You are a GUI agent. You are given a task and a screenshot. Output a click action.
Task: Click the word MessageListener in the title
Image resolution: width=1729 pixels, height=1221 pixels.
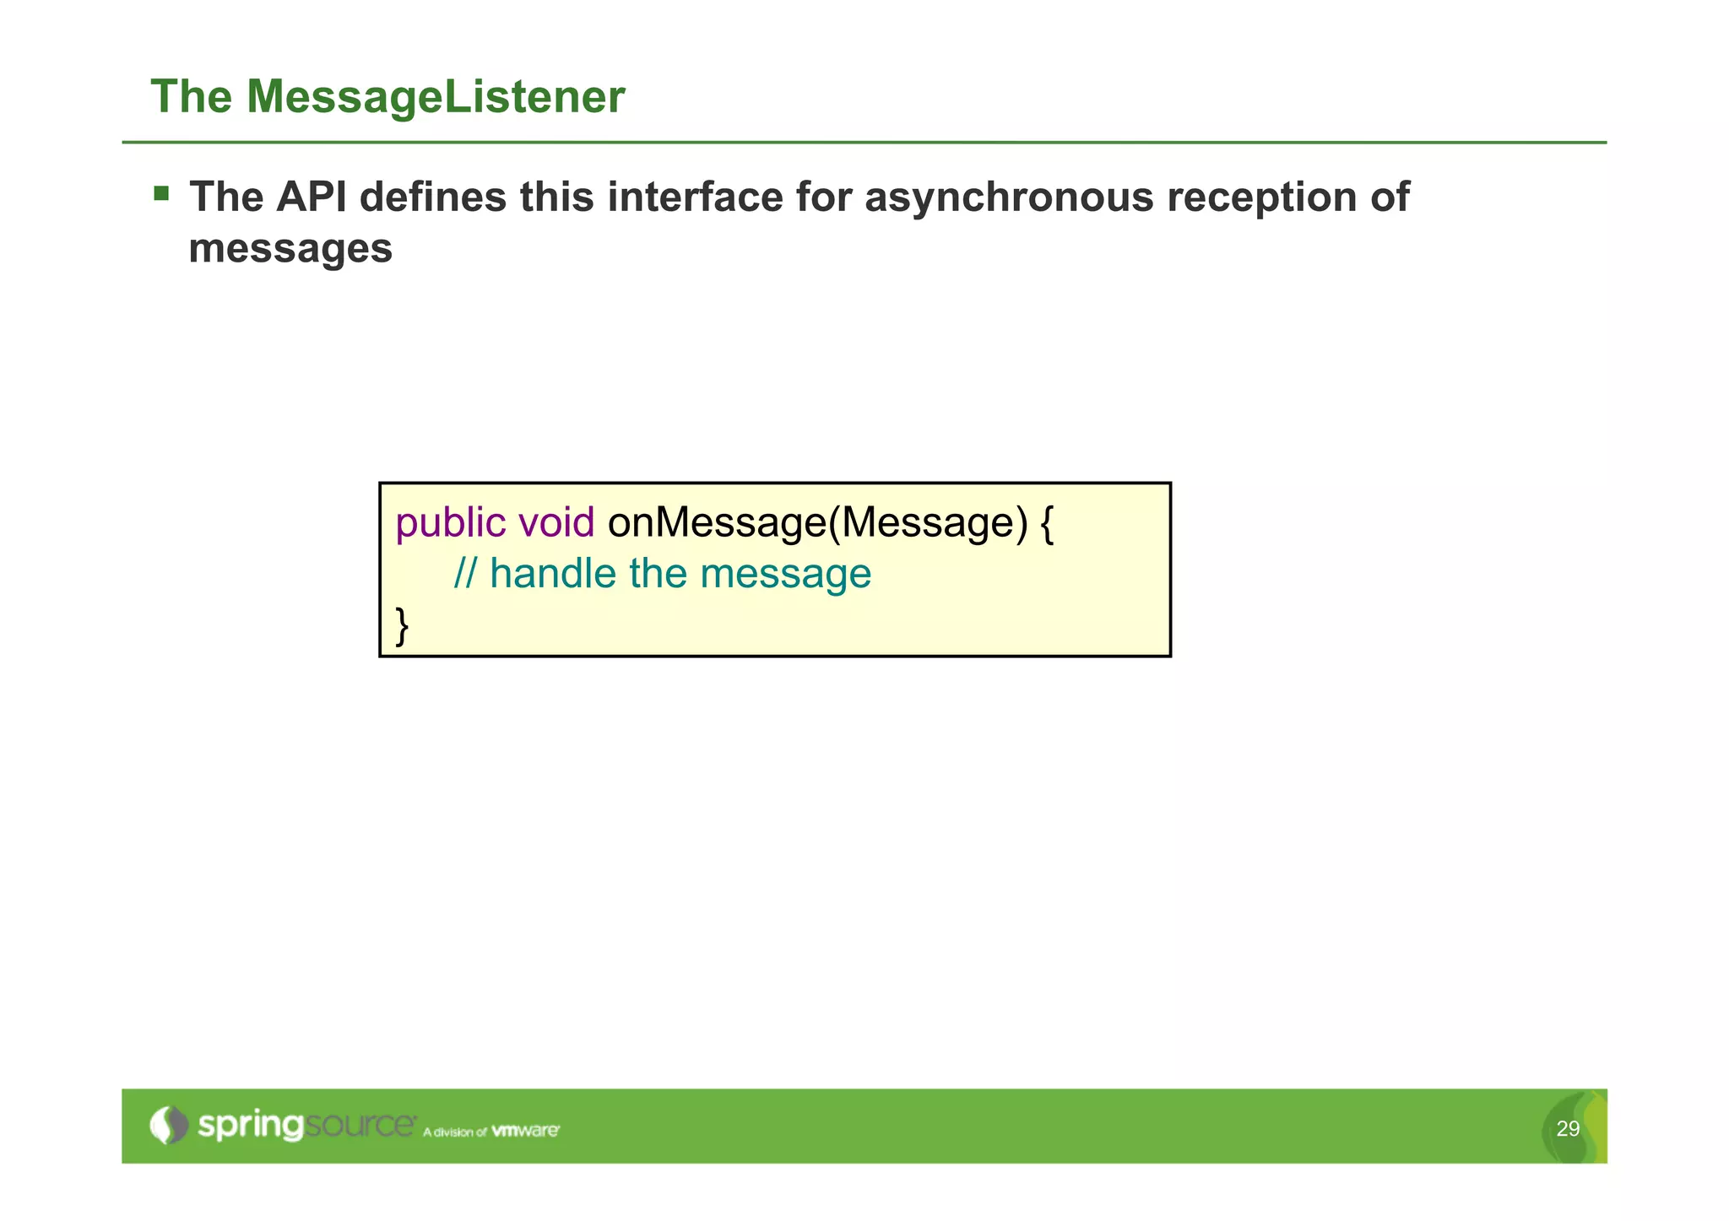coord(436,97)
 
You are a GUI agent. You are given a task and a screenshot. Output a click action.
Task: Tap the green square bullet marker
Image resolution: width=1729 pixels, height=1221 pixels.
coord(161,194)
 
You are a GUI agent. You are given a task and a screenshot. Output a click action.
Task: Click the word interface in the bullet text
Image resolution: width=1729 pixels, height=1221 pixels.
coord(694,197)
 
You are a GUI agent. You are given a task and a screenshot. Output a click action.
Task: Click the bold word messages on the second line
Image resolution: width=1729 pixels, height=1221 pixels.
coord(290,249)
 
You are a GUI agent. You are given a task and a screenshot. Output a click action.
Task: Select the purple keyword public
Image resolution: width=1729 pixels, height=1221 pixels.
coord(451,524)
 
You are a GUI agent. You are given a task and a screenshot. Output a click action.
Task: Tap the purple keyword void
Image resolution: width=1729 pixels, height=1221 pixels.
coord(556,522)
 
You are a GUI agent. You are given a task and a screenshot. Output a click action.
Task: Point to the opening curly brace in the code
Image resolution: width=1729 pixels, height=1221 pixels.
coord(1047,524)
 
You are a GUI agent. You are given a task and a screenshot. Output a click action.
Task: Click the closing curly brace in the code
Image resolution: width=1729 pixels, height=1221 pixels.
coord(403,626)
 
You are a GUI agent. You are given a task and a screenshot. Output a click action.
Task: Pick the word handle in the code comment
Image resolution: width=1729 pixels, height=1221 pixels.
coord(553,575)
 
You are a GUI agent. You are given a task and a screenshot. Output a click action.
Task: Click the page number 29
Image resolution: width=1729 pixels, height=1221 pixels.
coord(1567,1129)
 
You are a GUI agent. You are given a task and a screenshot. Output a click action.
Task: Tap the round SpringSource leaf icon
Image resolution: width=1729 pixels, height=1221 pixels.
coord(169,1125)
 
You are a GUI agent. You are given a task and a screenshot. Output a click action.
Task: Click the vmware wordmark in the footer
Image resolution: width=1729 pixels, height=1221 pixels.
coord(525,1131)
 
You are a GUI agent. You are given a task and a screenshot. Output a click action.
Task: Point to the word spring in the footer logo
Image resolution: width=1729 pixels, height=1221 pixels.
coord(250,1126)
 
